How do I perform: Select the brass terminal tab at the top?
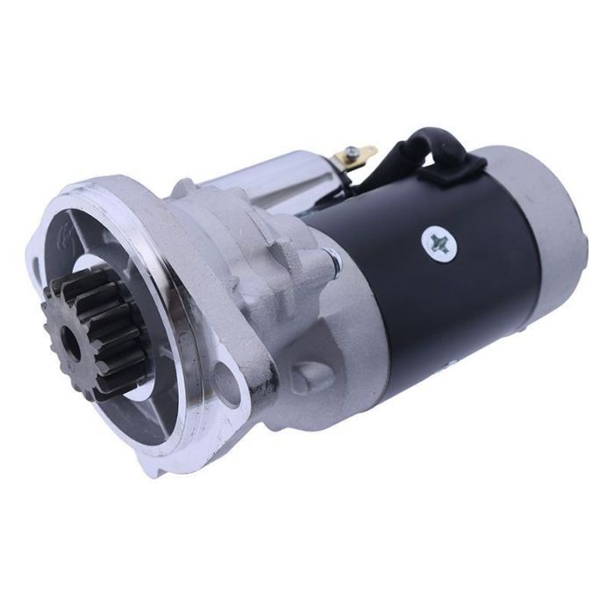(x=360, y=155)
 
